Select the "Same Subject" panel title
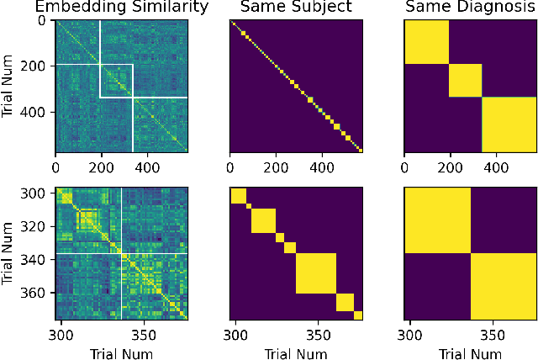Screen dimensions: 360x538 click(296, 8)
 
